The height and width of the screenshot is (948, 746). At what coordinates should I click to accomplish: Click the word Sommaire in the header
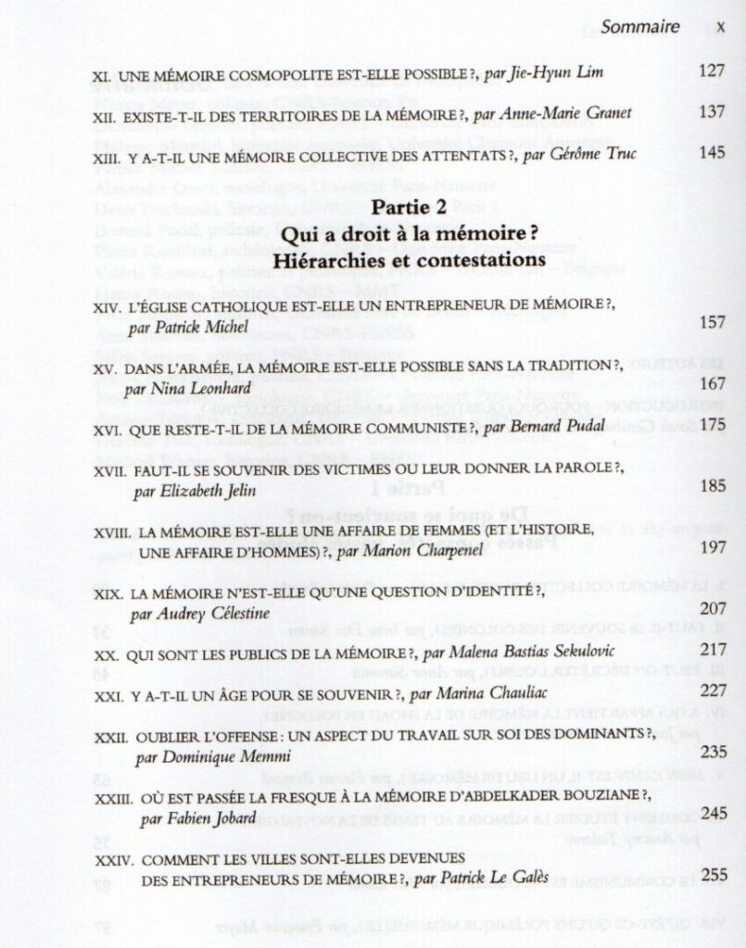tap(639, 27)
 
